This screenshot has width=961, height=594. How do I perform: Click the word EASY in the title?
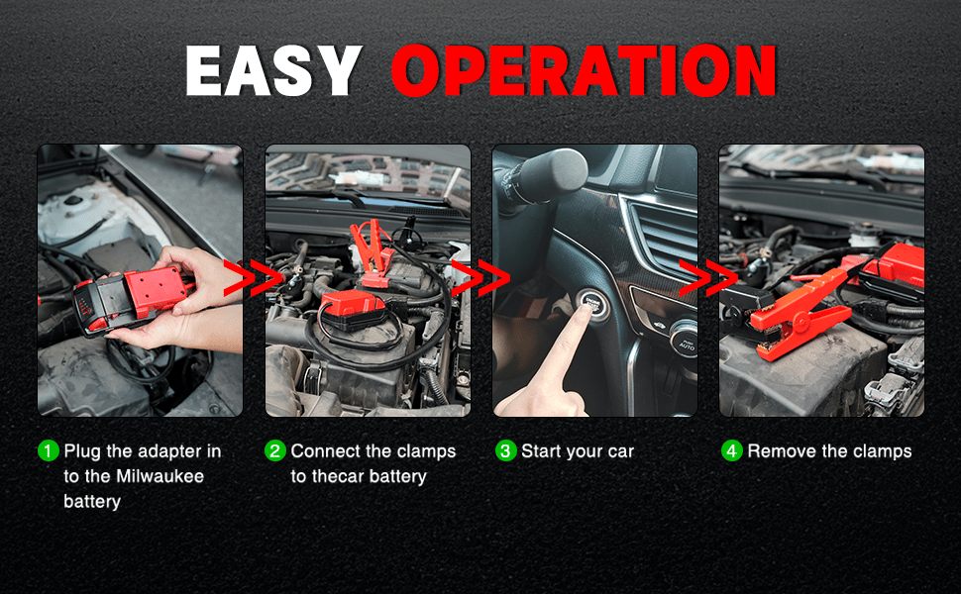click(x=273, y=70)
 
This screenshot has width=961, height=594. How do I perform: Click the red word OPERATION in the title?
click(x=585, y=71)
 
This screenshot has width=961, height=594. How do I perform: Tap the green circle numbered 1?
click(x=49, y=450)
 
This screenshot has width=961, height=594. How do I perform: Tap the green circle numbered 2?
click(x=275, y=450)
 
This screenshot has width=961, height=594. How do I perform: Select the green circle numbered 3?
click(x=505, y=450)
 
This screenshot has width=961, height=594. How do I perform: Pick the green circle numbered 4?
click(x=732, y=450)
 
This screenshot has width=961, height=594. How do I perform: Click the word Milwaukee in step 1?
click(x=160, y=476)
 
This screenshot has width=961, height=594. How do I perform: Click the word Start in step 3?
click(x=540, y=451)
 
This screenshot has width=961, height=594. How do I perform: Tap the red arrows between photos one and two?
click(x=253, y=278)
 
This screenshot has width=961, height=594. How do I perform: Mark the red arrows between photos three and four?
click(x=707, y=278)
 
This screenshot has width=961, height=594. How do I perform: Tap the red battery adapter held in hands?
click(x=132, y=297)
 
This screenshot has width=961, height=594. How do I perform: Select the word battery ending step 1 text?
click(x=92, y=502)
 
